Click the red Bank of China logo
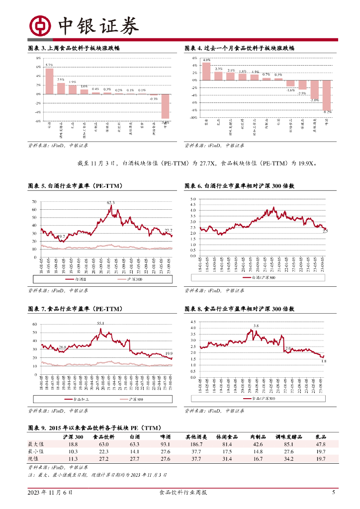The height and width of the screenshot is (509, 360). [39, 25]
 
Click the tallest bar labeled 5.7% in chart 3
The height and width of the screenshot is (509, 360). [49, 81]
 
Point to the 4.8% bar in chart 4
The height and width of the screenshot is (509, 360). [206, 71]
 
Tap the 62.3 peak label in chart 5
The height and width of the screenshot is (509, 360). [110, 203]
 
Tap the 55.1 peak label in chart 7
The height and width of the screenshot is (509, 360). [100, 323]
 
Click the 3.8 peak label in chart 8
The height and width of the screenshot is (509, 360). [256, 326]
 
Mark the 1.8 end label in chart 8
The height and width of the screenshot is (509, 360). [324, 361]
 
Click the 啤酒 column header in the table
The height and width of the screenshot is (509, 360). [164, 436]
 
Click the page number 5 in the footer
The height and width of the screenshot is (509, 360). [334, 493]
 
